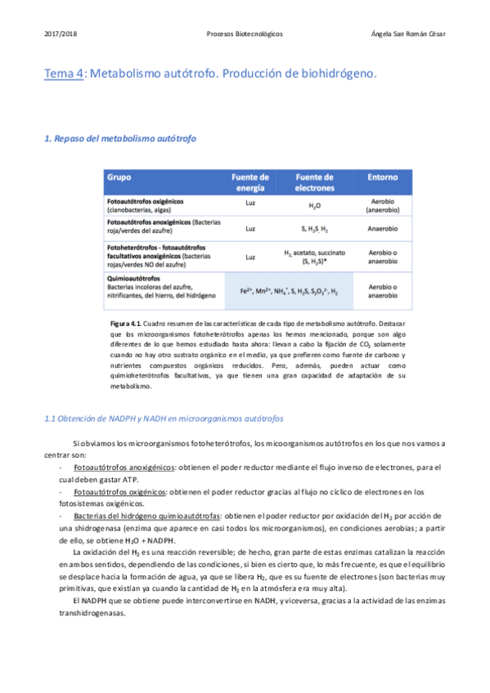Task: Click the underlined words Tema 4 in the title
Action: (64, 74)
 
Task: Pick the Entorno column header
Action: (383, 177)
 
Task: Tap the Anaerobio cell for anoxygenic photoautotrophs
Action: (383, 229)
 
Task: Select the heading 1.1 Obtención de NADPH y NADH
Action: (164, 418)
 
